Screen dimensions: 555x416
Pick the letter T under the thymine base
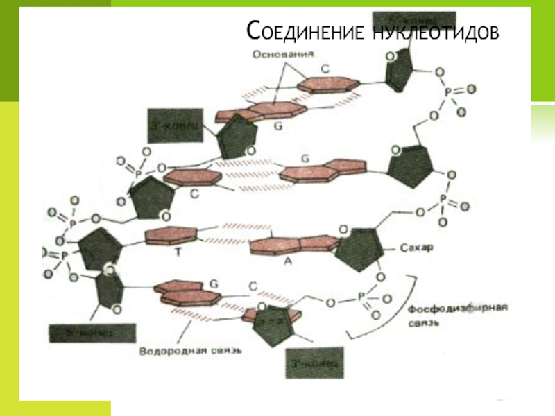tap(178, 254)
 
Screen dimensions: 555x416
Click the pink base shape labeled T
tap(173, 236)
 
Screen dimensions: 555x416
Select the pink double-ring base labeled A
tap(291, 243)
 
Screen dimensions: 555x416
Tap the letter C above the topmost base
tap(324, 69)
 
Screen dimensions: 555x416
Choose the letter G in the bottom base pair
tap(214, 284)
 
